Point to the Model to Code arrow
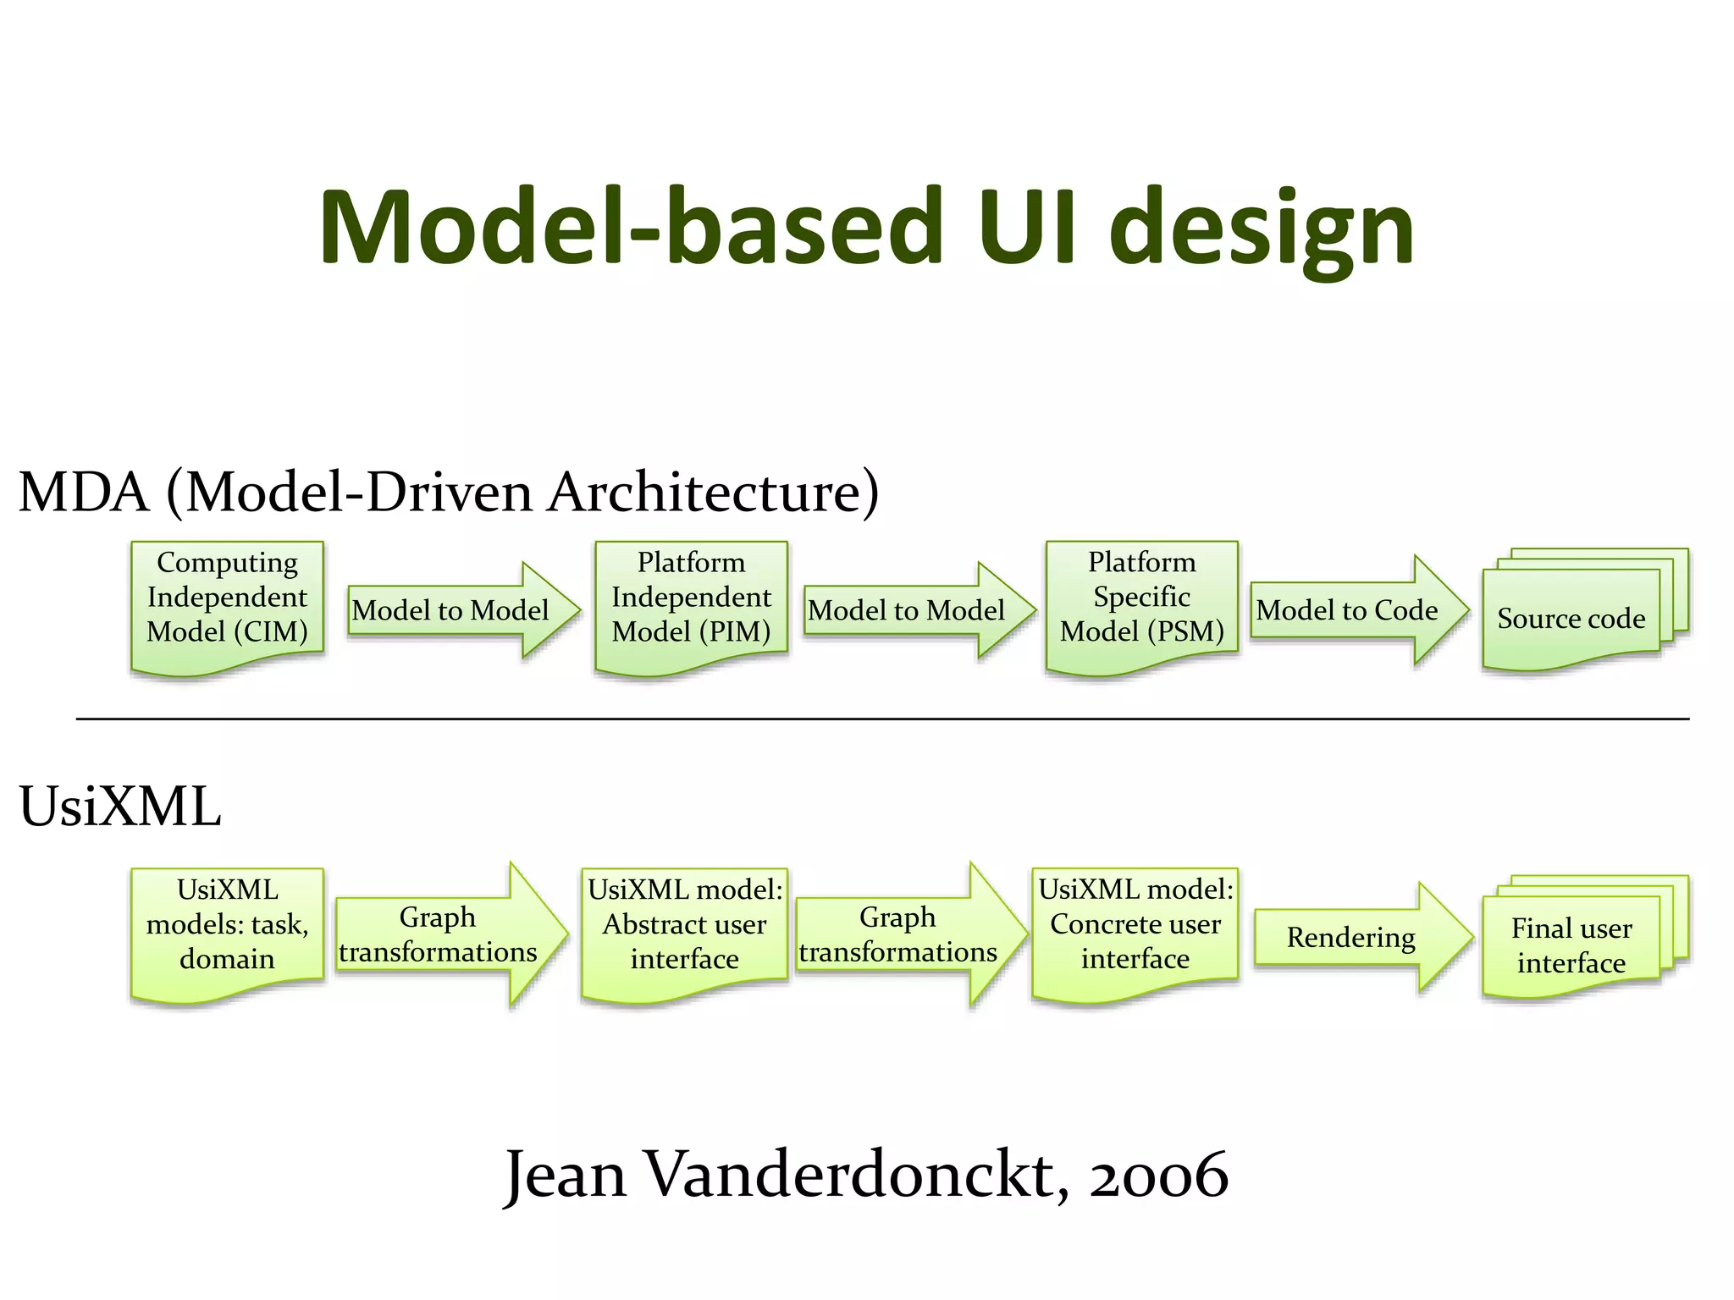point(1355,610)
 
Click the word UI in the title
point(1026,227)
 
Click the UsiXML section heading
point(120,806)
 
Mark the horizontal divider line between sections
point(881,719)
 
